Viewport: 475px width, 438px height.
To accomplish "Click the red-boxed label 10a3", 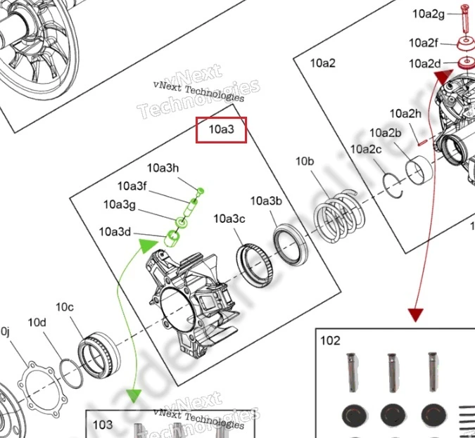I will point(221,129).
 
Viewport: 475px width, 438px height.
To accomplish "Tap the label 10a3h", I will point(163,168).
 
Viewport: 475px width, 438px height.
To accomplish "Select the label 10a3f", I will point(132,186).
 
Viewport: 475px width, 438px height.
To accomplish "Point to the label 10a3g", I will point(120,205).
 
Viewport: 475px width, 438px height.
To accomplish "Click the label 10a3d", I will point(115,231).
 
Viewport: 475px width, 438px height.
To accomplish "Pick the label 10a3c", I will point(229,219).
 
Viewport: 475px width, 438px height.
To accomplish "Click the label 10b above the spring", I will point(304,162).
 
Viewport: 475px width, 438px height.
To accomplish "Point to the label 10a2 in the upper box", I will point(323,63).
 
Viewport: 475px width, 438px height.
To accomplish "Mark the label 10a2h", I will point(405,113).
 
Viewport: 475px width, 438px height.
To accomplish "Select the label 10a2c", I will point(366,149).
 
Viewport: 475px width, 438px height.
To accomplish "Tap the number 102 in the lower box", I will point(330,341).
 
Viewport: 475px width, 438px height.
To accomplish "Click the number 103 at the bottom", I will point(103,425).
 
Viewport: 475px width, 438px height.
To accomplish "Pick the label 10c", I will point(65,307).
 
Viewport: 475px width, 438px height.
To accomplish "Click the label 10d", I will point(37,323).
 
